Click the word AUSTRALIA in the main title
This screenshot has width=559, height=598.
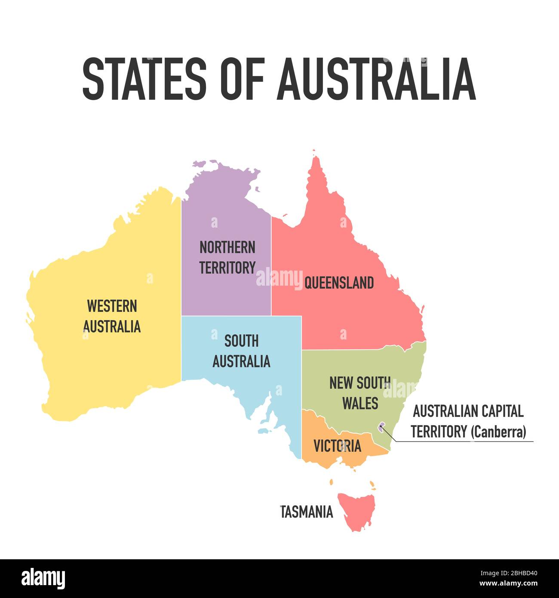pyautogui.click(x=376, y=79)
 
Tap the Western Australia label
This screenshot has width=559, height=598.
pyautogui.click(x=112, y=316)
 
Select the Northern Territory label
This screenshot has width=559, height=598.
pyautogui.click(x=227, y=257)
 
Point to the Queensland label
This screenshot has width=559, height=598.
pyautogui.click(x=339, y=283)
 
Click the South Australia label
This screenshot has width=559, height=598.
pyautogui.click(x=241, y=351)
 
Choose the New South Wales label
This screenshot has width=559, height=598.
pyautogui.click(x=359, y=393)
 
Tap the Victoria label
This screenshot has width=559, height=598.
pyautogui.click(x=337, y=446)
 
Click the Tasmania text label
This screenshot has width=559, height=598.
pyautogui.click(x=307, y=512)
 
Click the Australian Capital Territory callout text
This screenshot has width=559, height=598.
pyautogui.click(x=468, y=412)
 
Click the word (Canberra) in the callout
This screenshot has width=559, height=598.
pyautogui.click(x=498, y=432)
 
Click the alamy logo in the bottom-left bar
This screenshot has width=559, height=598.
pyautogui.click(x=43, y=579)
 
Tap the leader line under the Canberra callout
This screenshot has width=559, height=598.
pyautogui.click(x=464, y=441)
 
